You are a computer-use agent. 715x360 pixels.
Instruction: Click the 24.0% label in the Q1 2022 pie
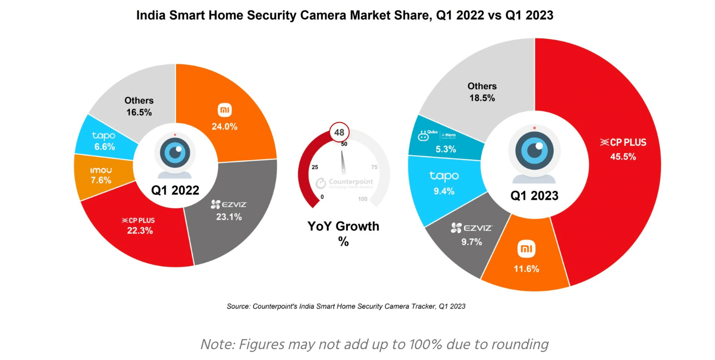[225, 127]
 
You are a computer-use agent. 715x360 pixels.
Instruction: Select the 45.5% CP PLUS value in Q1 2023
[623, 157]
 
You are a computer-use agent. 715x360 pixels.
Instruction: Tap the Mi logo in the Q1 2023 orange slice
[526, 250]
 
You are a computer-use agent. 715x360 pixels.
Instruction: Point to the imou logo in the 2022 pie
[101, 171]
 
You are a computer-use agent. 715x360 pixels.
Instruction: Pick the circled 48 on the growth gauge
[339, 133]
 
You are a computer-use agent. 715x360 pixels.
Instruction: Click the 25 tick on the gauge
[315, 167]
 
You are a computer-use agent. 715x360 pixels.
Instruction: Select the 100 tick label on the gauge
[362, 199]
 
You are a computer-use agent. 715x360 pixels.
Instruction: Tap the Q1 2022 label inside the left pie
[175, 190]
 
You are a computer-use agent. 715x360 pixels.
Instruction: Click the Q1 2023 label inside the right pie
[535, 196]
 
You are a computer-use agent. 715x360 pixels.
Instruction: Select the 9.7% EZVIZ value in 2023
[471, 241]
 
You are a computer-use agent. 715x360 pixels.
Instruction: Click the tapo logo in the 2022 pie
[104, 136]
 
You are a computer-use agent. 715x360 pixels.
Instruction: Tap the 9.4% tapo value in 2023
[444, 191]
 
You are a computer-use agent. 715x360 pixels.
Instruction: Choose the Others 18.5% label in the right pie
[482, 92]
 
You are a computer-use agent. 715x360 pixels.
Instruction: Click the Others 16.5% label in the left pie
[139, 106]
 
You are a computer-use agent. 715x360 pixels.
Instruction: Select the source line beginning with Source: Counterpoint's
[346, 306]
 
